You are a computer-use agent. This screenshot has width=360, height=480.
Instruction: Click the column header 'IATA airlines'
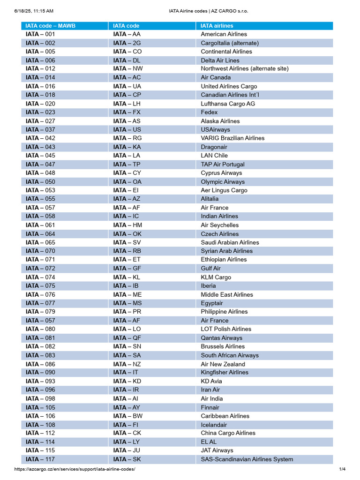217,26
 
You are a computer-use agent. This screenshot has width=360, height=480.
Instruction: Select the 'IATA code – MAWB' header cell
51,26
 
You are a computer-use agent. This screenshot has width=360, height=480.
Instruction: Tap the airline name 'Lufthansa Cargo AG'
228,104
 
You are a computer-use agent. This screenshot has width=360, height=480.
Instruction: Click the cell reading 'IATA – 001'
40,34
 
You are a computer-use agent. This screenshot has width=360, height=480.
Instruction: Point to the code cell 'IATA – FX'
127,112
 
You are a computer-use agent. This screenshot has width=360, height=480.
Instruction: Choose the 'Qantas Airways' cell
222,338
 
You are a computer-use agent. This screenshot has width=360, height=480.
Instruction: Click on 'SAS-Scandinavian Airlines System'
247,459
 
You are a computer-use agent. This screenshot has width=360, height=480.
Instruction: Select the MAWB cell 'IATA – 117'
40,459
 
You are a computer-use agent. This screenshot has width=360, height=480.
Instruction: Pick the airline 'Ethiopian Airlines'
224,260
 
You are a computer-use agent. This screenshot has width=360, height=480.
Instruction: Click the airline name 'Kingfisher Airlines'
225,373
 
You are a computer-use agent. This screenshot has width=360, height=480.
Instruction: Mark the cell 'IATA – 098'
40,398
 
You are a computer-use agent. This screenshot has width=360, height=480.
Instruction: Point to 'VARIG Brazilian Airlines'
232,138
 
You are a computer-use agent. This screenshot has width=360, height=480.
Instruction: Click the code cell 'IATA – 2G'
127,43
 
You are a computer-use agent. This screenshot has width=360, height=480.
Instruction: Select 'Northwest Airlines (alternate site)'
245,69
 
